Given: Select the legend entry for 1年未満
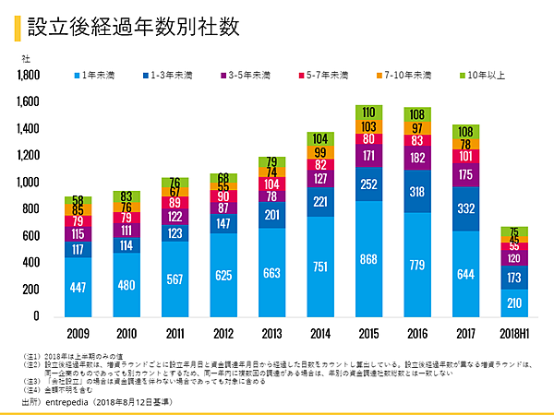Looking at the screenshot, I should pos(97,75).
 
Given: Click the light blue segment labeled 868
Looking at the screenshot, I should pos(367,258).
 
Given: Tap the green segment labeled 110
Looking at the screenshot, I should pos(367,112).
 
